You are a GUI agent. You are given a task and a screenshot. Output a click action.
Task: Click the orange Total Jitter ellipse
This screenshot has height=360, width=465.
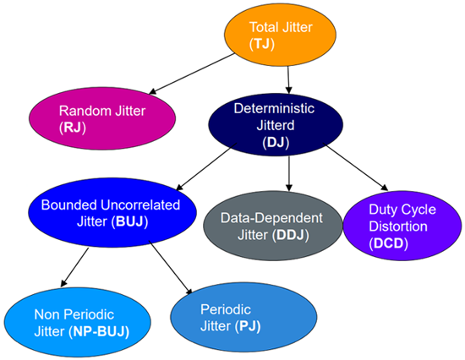click(280, 35)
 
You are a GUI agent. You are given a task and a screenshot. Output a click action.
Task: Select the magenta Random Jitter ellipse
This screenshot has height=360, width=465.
click(102, 118)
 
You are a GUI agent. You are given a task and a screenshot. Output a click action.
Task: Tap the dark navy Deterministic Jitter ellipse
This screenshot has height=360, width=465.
click(276, 124)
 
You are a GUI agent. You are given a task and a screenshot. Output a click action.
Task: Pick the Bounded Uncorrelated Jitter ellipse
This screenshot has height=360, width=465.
click(112, 213)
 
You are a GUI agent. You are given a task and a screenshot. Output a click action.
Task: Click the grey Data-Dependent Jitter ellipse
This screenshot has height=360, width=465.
click(272, 226)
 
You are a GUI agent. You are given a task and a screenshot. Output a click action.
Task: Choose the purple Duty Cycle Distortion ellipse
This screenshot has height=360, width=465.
click(402, 226)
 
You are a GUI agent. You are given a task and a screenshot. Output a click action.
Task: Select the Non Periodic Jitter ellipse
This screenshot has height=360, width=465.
click(78, 322)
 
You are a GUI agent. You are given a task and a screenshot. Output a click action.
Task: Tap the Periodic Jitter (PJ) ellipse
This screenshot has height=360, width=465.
click(243, 317)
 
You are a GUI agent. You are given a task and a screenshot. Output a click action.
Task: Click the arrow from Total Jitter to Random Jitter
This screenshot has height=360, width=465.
click(192, 74)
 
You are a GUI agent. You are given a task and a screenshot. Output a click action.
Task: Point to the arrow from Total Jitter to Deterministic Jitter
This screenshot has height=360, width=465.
click(288, 79)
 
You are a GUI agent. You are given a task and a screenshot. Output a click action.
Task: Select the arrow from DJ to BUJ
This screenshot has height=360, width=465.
click(206, 166)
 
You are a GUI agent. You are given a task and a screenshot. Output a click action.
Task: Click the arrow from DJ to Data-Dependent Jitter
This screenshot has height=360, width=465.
click(289, 173)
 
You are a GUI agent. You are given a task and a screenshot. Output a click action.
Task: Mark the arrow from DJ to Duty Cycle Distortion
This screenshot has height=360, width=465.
click(356, 167)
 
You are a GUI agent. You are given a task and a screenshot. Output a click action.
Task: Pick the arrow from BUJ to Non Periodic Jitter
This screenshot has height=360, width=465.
click(74, 267)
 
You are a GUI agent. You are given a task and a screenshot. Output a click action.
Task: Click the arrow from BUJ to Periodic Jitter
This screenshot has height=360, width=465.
click(171, 268)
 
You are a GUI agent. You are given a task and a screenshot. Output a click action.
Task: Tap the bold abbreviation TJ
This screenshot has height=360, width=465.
click(262, 44)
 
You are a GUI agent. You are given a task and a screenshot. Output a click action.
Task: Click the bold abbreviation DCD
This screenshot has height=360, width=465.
click(389, 243)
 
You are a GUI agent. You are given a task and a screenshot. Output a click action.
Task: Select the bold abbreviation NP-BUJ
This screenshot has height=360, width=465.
click(99, 331)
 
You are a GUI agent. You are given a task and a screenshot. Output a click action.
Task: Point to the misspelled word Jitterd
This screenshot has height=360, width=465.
click(276, 125)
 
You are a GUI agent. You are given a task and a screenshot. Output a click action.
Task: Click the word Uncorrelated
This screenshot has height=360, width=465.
click(140, 205)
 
